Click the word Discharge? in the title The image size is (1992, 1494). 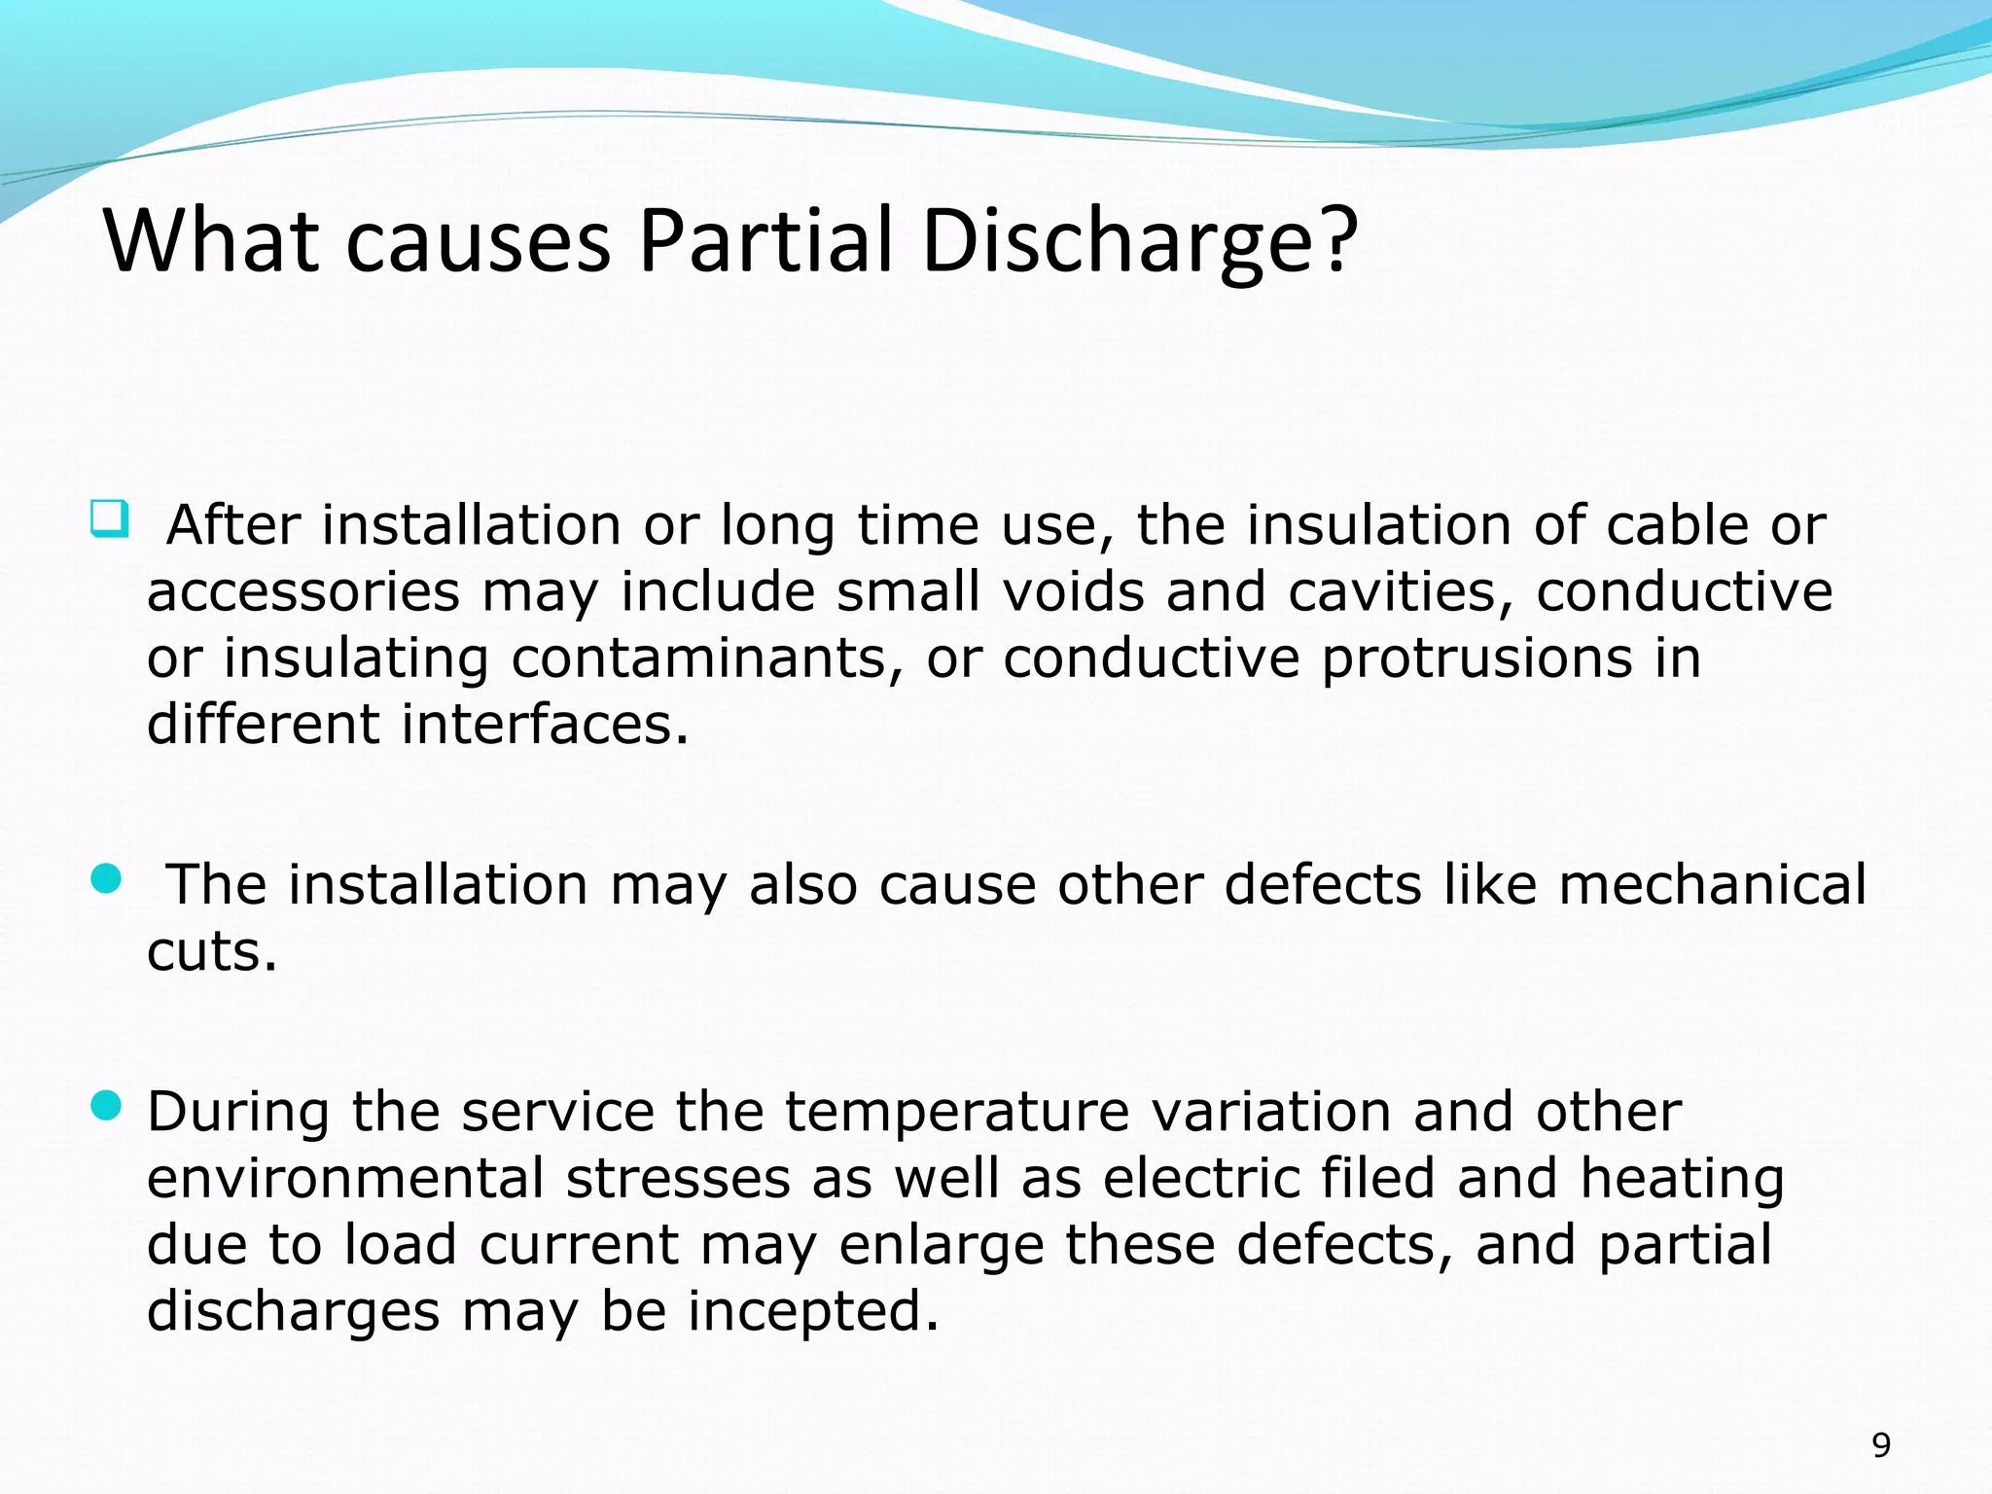tap(1138, 242)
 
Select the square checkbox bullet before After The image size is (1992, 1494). tap(109, 518)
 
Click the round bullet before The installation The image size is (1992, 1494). tap(106, 879)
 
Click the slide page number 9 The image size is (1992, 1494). tap(1881, 1445)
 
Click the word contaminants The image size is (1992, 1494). tap(700, 658)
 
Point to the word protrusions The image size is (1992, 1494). tap(1476, 658)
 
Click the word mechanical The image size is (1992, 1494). tap(1712, 884)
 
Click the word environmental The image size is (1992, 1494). tap(344, 1178)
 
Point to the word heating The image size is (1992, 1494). tap(1682, 1180)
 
